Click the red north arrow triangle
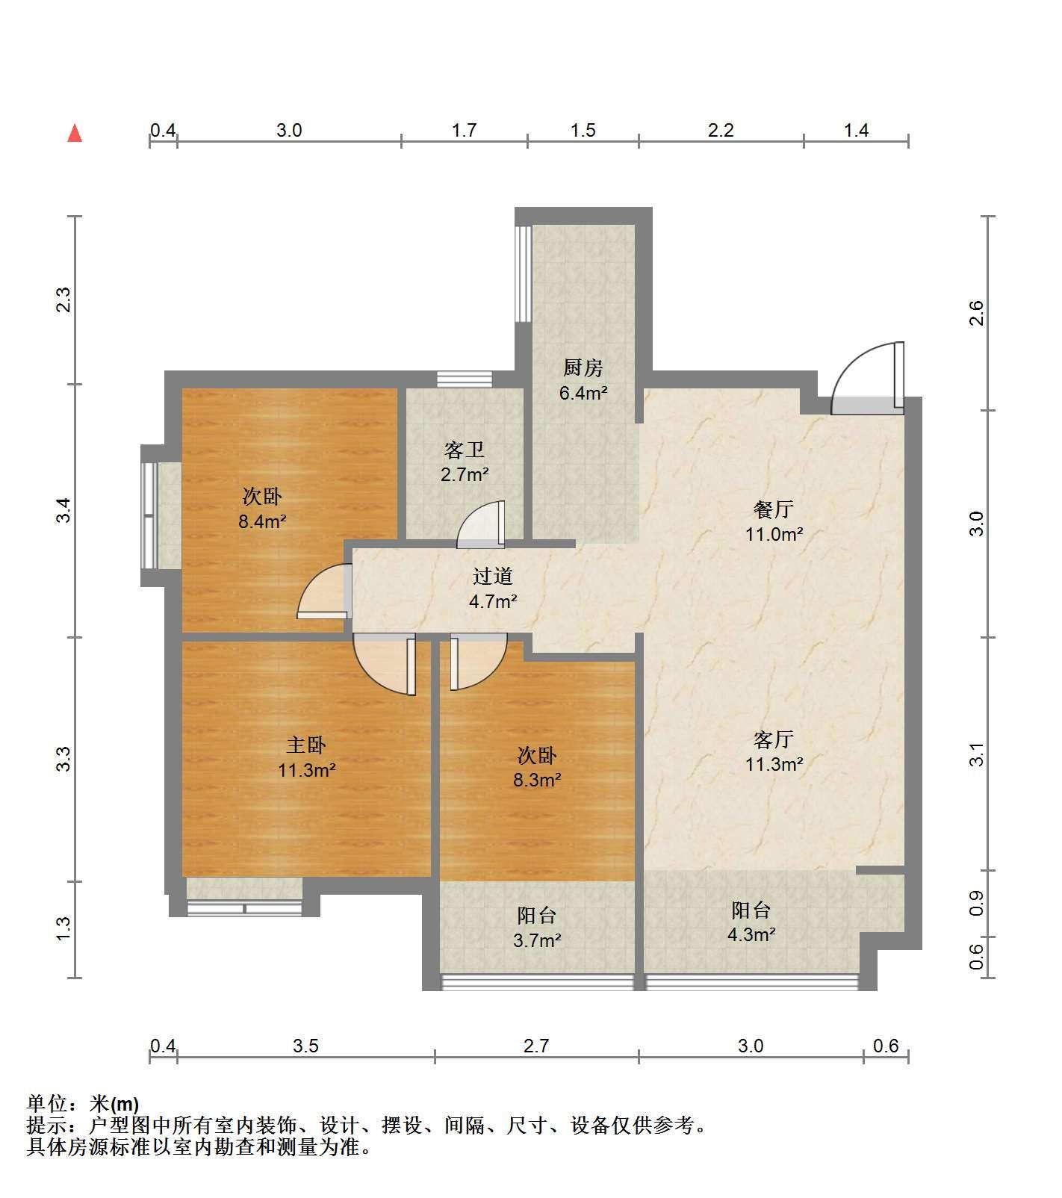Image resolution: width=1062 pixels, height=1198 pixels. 75,133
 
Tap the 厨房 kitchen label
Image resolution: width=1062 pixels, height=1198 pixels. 583,368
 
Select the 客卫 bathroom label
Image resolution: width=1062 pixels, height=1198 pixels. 464,450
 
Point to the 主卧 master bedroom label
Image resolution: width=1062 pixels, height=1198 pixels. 306,745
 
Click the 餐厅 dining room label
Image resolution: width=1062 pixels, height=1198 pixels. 774,509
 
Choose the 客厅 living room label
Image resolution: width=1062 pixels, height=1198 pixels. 774,739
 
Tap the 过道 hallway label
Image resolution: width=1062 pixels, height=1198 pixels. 493,576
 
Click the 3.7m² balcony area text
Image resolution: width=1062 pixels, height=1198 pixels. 537,940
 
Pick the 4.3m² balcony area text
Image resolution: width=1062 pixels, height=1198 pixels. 751,934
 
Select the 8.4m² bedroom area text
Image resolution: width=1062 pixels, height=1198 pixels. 262,521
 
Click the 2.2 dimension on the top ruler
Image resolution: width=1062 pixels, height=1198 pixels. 721,131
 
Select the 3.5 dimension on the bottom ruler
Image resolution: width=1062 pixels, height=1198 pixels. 305,1046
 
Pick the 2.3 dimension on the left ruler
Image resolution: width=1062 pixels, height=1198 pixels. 64,299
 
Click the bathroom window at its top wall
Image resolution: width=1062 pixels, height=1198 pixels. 465,379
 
